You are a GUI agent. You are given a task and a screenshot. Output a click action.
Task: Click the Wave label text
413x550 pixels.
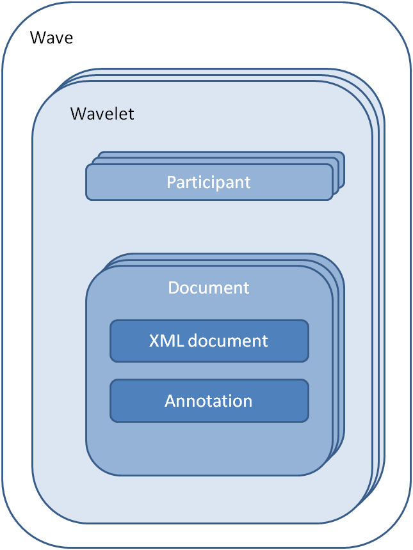[52, 38]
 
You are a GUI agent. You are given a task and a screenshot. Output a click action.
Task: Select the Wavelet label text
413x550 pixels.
[102, 114]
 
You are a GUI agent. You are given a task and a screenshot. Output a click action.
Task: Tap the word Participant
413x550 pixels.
[209, 182]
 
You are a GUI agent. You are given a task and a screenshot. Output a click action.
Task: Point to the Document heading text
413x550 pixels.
[209, 288]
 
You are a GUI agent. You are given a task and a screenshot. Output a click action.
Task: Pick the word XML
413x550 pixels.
[163, 340]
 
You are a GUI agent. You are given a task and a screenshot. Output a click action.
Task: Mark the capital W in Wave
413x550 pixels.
[38, 38]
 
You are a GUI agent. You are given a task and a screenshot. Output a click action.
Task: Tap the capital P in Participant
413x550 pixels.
[171, 182]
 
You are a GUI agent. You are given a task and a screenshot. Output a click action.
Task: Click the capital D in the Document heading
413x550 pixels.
[174, 288]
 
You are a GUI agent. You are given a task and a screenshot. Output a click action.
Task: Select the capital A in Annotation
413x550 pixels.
[170, 401]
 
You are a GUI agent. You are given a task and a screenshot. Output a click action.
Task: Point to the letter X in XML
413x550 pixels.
[154, 340]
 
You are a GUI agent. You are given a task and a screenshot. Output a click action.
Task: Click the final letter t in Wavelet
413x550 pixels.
[131, 114]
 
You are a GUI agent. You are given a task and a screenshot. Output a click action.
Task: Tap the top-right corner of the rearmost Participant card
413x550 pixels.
[343, 154]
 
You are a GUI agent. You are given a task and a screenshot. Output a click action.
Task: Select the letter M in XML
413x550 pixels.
[165, 340]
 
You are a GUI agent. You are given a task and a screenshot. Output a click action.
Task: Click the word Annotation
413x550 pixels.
[209, 401]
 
